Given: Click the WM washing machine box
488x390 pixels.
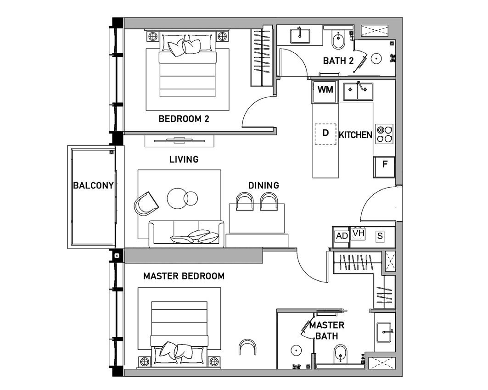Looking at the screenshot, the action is click(325, 92).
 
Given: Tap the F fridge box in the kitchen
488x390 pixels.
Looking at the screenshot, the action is click(385, 167).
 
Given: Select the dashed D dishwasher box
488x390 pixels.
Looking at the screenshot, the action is click(325, 134).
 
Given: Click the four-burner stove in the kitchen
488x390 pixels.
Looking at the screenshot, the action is click(384, 134).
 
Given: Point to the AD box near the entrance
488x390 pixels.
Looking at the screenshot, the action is click(342, 236).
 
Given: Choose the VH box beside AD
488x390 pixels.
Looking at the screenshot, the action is click(359, 233).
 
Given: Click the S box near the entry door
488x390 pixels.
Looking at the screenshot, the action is click(380, 236).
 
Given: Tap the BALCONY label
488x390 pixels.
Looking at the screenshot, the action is click(93, 186).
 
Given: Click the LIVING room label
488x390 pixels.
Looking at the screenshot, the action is click(184, 160).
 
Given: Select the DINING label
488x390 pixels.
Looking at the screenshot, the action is click(264, 185).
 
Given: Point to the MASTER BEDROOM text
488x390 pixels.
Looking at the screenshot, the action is click(184, 276).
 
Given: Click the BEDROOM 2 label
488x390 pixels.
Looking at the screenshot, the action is click(184, 119).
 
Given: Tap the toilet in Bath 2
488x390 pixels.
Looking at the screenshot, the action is click(338, 40).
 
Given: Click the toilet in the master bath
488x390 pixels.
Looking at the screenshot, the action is click(340, 354).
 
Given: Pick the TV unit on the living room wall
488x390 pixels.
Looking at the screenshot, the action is click(179, 141).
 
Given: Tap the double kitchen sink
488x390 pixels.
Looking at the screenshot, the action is click(358, 91).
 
